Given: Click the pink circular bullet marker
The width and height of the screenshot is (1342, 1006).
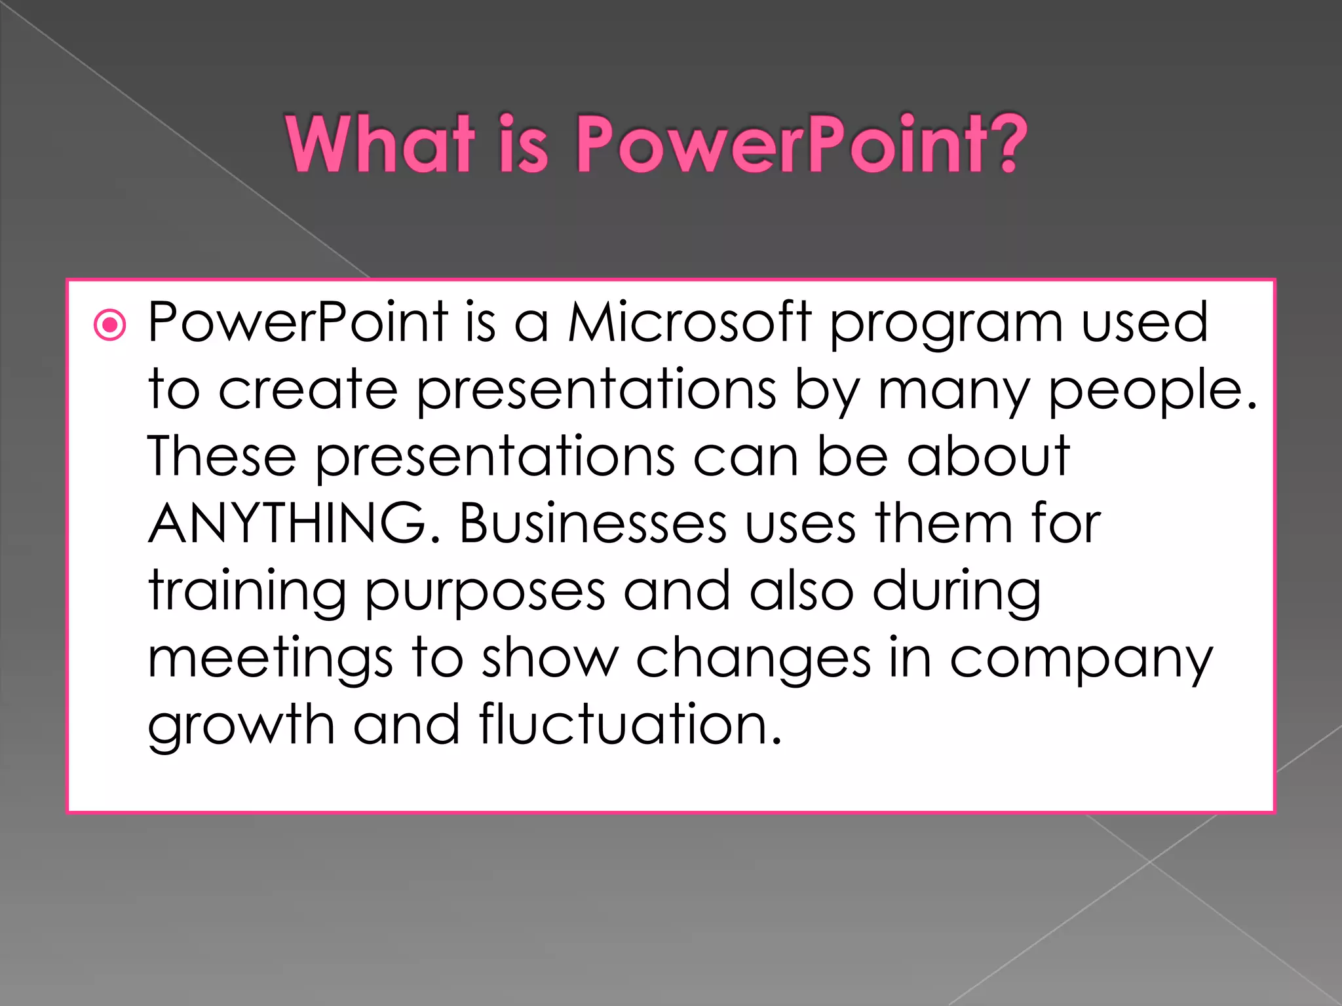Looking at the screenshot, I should click(x=109, y=325).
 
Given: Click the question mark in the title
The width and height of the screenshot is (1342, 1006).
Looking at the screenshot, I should click(x=1003, y=143).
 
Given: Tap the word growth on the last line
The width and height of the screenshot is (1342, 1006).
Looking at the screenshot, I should click(x=241, y=726).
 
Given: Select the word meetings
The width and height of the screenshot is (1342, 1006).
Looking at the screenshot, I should click(x=270, y=659).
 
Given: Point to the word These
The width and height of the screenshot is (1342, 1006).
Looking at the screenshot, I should click(x=221, y=456).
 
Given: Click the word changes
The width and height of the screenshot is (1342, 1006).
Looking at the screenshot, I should click(x=754, y=659).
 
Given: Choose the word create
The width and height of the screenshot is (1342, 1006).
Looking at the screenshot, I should click(x=308, y=390).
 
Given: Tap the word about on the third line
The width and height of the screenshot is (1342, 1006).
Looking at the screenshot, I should click(x=988, y=456).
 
